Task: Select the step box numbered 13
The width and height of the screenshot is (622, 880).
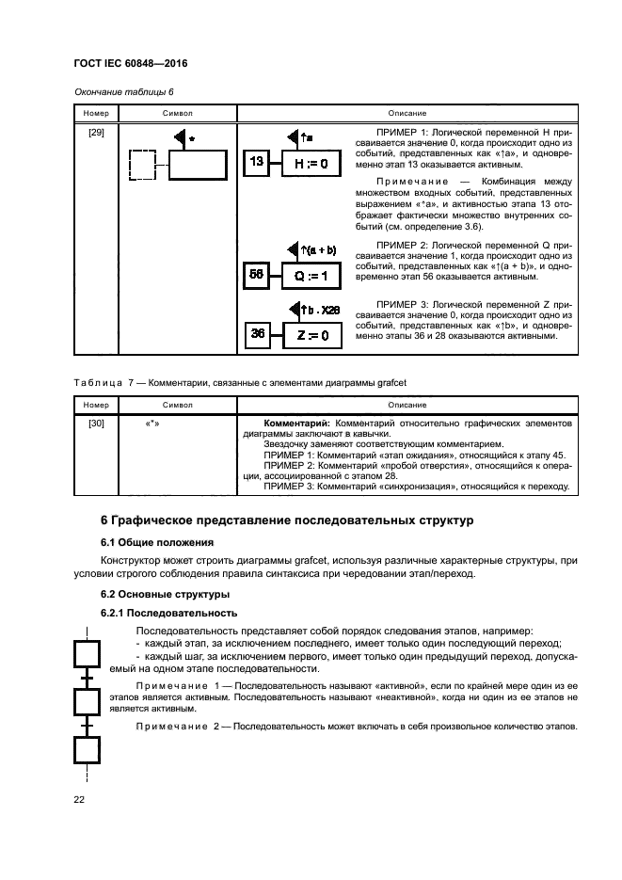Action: click(x=257, y=163)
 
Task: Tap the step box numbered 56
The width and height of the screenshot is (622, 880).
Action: click(x=257, y=276)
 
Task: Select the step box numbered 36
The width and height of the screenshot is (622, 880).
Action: click(x=257, y=334)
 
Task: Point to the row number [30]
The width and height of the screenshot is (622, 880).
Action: click(x=96, y=425)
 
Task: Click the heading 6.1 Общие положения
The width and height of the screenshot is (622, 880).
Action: click(x=155, y=542)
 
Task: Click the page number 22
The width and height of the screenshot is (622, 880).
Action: click(x=80, y=799)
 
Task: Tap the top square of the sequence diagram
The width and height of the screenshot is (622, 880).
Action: click(x=88, y=651)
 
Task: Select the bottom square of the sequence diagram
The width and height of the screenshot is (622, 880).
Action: click(x=88, y=749)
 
